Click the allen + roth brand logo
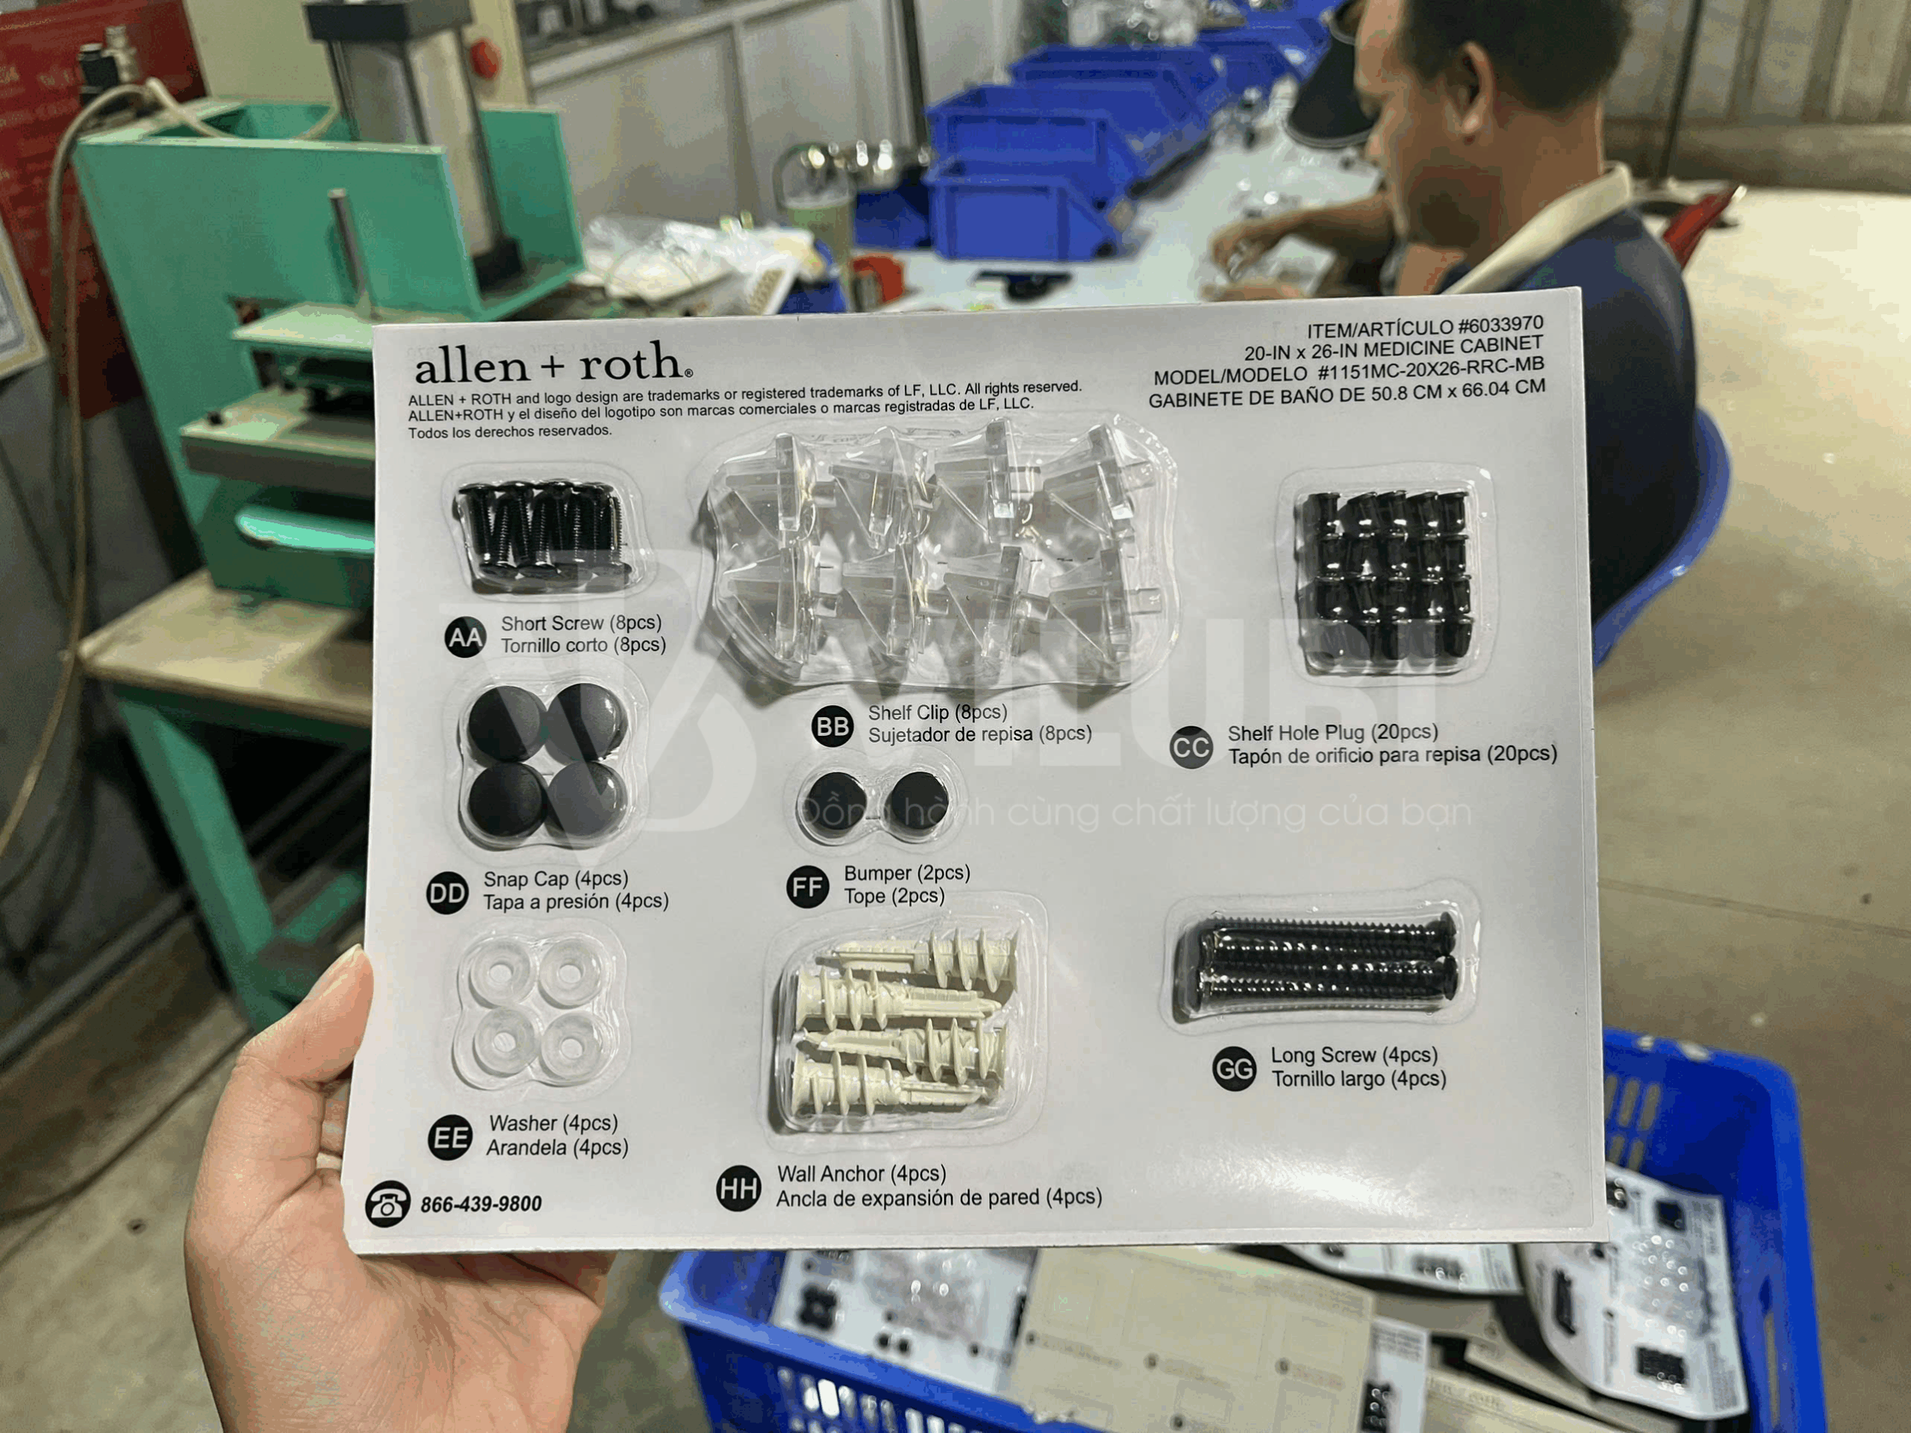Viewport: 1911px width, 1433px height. tap(553, 363)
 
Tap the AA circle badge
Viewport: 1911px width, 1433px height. tap(465, 637)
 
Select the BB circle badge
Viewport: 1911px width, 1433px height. tap(833, 725)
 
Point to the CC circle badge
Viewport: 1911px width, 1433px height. tap(1191, 747)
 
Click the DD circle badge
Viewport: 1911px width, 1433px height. tap(447, 893)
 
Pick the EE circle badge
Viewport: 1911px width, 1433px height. tap(450, 1137)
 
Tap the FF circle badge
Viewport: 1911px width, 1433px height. tap(808, 887)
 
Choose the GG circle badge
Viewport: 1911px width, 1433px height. tap(1235, 1070)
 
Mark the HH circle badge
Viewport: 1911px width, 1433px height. tap(739, 1188)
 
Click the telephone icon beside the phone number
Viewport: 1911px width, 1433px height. tap(387, 1203)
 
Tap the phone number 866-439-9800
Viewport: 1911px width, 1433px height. tap(481, 1204)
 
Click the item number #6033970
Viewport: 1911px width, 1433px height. tap(1500, 325)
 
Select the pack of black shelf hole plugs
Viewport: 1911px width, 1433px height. tap(1385, 576)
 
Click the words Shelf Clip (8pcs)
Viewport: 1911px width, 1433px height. tap(938, 713)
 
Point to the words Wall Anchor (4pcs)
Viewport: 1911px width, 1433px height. tap(861, 1174)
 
